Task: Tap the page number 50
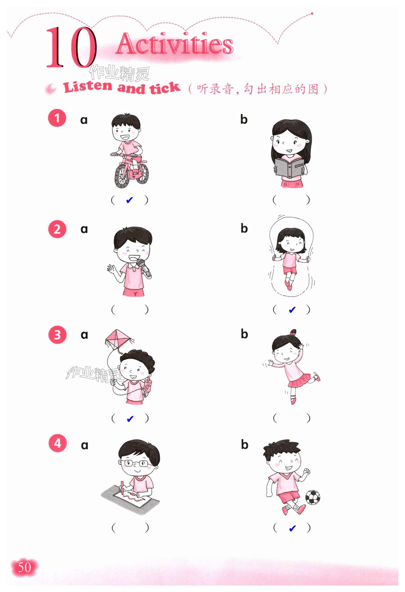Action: pos(24,567)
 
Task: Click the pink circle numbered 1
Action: pos(57,118)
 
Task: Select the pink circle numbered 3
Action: pos(57,335)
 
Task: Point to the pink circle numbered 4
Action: pos(58,443)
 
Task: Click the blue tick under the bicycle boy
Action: pos(129,200)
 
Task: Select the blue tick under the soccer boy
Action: pos(292,529)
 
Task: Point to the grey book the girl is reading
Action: pos(289,168)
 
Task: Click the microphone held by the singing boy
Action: pos(144,267)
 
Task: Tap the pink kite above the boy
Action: pos(118,340)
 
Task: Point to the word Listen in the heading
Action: pos(88,87)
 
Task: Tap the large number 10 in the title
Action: pos(71,47)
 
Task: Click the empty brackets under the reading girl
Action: pos(291,200)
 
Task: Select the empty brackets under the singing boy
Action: pos(130,310)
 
